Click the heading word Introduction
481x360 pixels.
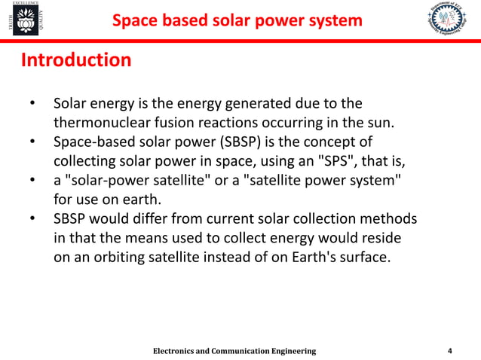point(75,59)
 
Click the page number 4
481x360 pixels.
point(450,351)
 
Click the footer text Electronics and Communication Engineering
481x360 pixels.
point(234,352)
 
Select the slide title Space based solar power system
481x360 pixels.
point(237,20)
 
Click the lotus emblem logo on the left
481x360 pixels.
point(20,23)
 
